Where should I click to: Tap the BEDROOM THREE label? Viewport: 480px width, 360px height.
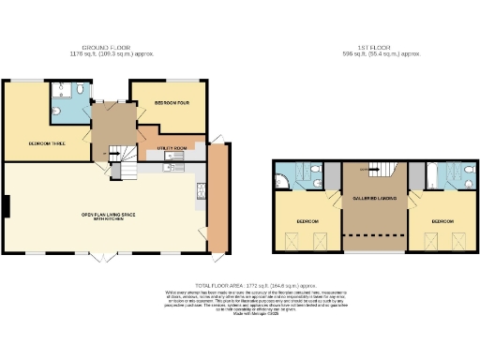pyautogui.click(x=45, y=142)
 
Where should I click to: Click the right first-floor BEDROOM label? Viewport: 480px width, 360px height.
pyautogui.click(x=442, y=221)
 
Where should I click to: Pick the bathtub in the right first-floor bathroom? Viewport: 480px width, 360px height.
pyautogui.click(x=430, y=175)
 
